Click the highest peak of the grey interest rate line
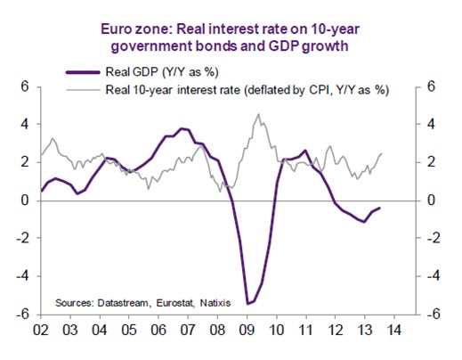pyautogui.click(x=258, y=114)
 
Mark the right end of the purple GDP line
pyautogui.click(x=380, y=208)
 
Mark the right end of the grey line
pyautogui.click(x=382, y=153)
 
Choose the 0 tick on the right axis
pyautogui.click(x=432, y=200)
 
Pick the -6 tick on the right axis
pyautogui.click(x=434, y=315)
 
